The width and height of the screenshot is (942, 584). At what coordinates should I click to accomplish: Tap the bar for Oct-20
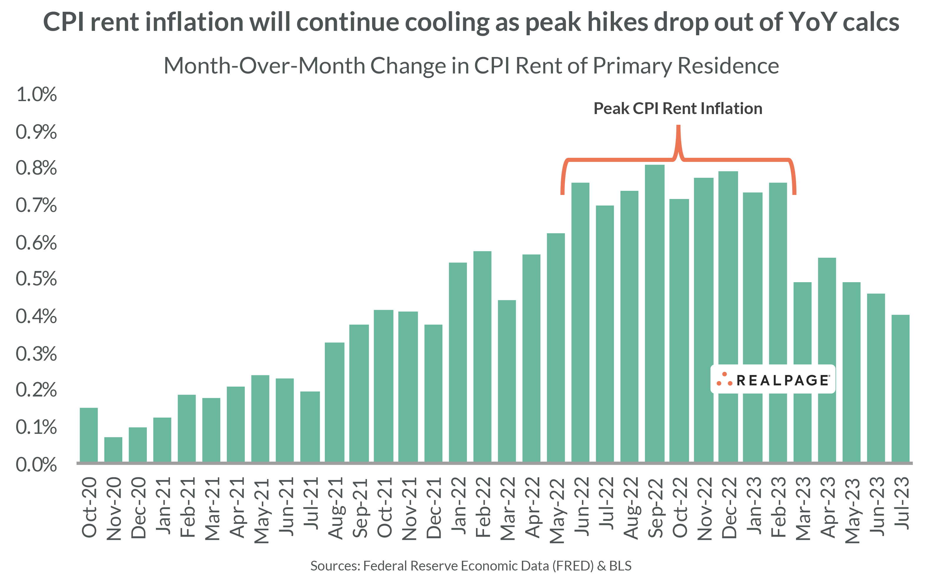tap(89, 434)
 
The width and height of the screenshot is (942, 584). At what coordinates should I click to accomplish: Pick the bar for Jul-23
tap(900, 388)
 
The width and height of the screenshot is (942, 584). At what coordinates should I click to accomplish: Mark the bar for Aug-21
tap(334, 402)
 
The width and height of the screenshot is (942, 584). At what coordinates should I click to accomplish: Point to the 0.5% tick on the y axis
tap(36, 279)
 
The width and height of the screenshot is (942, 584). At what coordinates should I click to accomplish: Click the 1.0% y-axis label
tap(36, 95)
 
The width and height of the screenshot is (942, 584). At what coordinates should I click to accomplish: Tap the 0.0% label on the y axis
tap(36, 465)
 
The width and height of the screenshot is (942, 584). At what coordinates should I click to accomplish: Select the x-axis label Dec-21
tap(433, 508)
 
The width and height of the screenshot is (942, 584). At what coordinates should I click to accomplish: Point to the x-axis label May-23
tap(852, 510)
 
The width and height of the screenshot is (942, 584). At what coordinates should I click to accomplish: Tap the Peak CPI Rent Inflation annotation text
tap(678, 108)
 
